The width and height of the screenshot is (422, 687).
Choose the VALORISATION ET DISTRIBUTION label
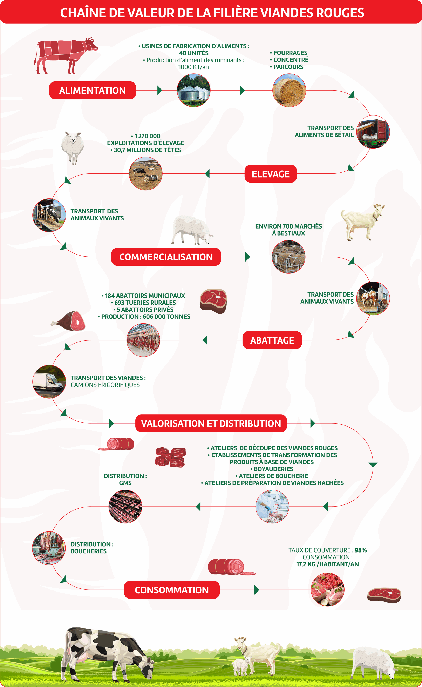[x=211, y=423]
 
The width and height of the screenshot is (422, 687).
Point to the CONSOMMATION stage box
[x=172, y=590]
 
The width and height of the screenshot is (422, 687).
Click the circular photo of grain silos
[x=194, y=90]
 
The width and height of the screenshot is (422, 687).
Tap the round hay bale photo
[x=289, y=90]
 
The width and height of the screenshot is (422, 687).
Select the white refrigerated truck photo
[x=49, y=382]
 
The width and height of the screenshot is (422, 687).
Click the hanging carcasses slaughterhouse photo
[x=143, y=340]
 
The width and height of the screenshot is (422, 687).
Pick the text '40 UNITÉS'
[x=193, y=53]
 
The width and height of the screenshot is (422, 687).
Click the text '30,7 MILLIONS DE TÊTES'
[x=147, y=150]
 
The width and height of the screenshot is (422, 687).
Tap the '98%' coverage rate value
[x=361, y=550]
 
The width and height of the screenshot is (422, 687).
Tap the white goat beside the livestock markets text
[x=363, y=222]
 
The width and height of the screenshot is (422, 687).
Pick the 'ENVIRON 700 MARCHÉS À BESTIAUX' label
[x=288, y=230]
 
